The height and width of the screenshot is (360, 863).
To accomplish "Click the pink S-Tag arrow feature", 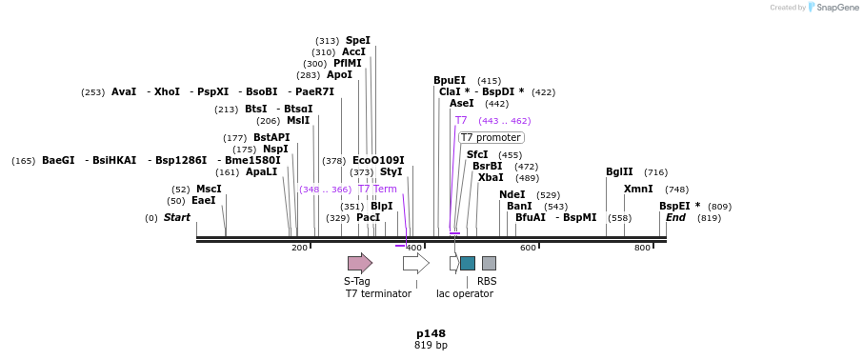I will [359, 263].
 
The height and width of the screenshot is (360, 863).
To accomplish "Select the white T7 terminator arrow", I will [415, 263].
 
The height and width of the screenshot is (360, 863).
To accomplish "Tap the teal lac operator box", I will [467, 263].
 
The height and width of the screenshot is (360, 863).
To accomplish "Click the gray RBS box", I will [489, 263].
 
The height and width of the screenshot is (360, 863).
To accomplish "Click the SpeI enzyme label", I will [358, 41].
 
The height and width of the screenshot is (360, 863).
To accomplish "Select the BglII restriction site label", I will [619, 172].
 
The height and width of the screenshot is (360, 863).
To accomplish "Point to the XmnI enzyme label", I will [638, 190].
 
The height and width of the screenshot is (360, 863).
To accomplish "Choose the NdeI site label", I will [512, 195].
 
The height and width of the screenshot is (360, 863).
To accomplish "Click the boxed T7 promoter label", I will [491, 138].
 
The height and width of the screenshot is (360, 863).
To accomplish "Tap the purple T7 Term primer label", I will [377, 190].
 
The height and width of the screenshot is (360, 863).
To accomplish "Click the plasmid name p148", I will [431, 333].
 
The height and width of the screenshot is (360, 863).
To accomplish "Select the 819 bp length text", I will [431, 346].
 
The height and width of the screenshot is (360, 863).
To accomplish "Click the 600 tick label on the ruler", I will [528, 248].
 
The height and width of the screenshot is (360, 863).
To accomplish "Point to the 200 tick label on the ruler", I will [299, 248].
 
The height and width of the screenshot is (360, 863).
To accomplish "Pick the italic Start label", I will [177, 218].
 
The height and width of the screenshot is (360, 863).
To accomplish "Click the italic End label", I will [675, 218].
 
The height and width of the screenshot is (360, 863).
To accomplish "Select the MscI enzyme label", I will [209, 190].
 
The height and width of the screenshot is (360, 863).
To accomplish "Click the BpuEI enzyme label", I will [450, 81].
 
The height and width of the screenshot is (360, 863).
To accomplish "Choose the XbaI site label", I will [491, 178].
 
